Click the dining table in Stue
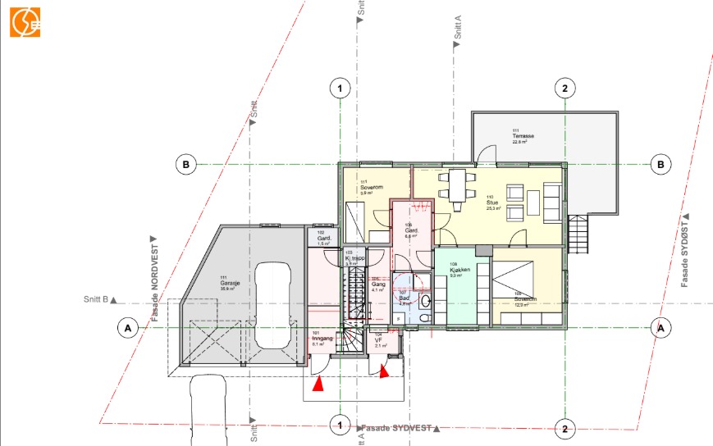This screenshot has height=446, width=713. pyautogui.click(x=457, y=184)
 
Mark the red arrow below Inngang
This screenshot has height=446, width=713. pyautogui.click(x=322, y=383)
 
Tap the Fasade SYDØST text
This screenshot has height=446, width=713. pyautogui.click(x=685, y=250)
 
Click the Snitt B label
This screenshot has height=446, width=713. pyautogui.click(x=97, y=300)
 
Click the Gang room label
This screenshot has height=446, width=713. pyautogui.click(x=377, y=285)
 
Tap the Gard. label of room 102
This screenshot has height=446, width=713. pyautogui.click(x=323, y=239)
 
